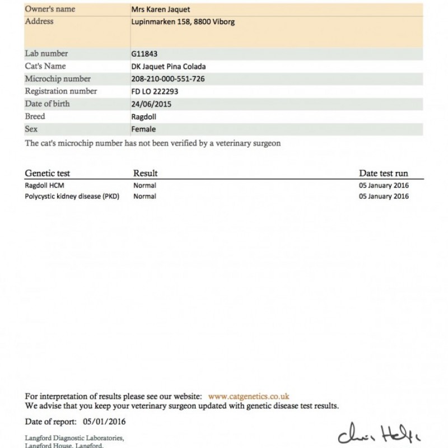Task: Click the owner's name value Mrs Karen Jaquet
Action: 159,10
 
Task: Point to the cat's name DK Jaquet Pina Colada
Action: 167,67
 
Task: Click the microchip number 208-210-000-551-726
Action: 167,79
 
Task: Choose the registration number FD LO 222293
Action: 155,91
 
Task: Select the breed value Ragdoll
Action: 142,117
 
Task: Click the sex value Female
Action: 141,129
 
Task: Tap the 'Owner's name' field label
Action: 50,10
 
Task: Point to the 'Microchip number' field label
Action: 58,79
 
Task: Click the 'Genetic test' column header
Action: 48,174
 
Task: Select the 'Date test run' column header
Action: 384,174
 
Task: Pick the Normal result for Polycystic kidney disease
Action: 144,197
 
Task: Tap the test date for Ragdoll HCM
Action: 384,185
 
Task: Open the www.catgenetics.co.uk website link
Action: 248,396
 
